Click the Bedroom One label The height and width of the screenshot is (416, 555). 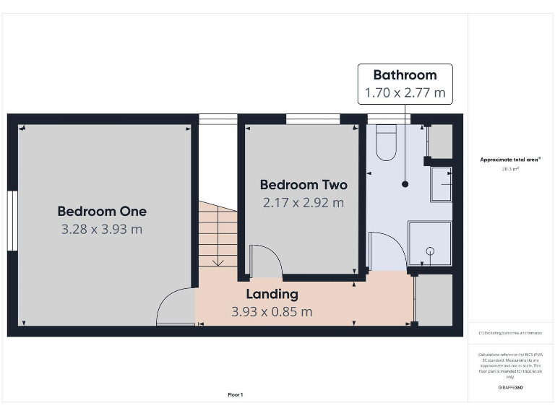click(102, 212)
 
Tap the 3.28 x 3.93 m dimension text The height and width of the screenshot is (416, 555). click(102, 230)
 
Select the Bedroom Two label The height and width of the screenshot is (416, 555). click(304, 185)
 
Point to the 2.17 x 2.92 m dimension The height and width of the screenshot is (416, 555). click(304, 203)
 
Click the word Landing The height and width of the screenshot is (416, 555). click(272, 294)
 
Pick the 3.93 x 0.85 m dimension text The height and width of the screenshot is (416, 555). click(272, 312)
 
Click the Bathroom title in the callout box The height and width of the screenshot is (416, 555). click(405, 75)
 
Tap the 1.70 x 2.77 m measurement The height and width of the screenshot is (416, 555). click(405, 93)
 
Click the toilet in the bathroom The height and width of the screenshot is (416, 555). click(387, 142)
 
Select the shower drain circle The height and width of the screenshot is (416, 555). click(430, 251)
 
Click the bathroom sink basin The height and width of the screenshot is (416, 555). click(441, 183)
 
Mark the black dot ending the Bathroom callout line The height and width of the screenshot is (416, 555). click(405, 184)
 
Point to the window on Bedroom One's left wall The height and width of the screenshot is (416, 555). click(12, 221)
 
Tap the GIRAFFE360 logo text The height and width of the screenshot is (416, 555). click(510, 388)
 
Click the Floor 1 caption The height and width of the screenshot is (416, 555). click(236, 395)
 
